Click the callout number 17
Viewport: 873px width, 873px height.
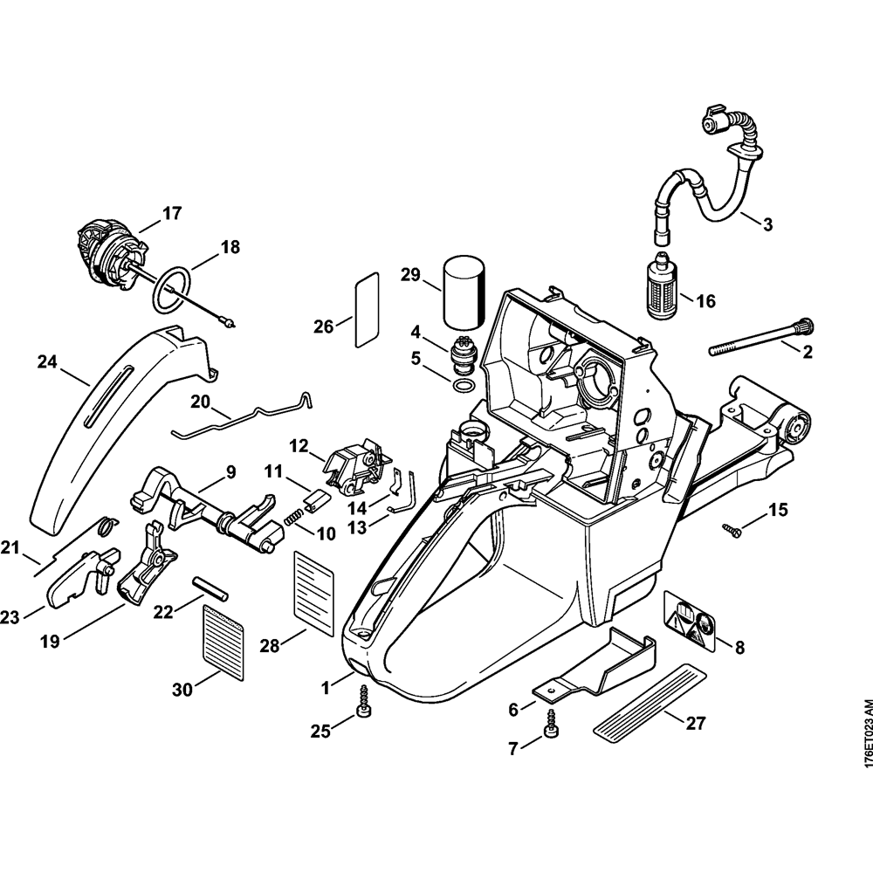171,212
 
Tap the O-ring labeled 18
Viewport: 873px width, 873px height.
170,289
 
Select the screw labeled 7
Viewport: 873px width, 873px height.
552,724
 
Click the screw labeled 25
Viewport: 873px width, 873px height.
363,703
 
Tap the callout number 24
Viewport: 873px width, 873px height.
47,360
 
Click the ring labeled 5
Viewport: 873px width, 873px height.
465,385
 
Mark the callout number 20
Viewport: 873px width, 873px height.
200,402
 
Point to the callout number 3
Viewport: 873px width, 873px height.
767,224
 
